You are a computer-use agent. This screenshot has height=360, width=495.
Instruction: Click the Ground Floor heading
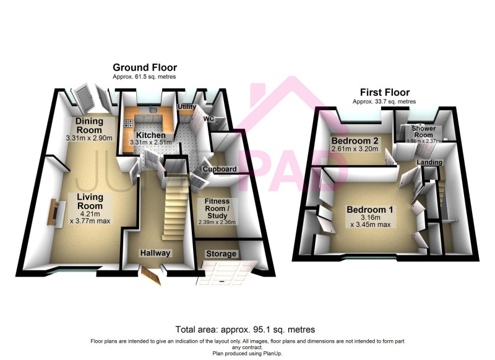click(x=145, y=67)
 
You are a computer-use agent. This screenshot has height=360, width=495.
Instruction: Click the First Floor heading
click(x=385, y=92)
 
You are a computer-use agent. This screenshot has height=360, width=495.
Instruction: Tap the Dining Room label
click(x=89, y=126)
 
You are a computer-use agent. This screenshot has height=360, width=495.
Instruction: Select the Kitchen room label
click(x=151, y=135)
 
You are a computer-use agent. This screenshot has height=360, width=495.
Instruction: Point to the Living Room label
click(x=90, y=201)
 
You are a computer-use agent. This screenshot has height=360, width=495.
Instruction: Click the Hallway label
click(x=155, y=253)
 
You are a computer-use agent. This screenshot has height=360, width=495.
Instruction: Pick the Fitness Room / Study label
click(x=217, y=208)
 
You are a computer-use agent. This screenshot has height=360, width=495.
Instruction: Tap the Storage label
click(x=221, y=254)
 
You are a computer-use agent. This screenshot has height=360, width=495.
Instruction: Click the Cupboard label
click(x=220, y=169)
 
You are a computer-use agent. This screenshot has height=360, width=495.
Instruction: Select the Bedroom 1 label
click(x=370, y=210)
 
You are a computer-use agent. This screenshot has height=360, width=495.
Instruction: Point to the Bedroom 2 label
click(x=355, y=140)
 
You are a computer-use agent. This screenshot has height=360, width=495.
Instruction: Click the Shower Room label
click(x=424, y=132)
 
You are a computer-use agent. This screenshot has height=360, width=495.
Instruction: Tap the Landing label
click(x=429, y=162)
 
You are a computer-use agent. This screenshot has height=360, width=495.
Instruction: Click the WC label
click(x=209, y=119)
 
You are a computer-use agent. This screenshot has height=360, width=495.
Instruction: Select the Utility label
click(x=187, y=107)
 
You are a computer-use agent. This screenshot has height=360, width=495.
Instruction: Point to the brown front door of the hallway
click(x=151, y=276)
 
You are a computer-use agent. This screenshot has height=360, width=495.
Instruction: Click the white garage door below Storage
click(x=226, y=273)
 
